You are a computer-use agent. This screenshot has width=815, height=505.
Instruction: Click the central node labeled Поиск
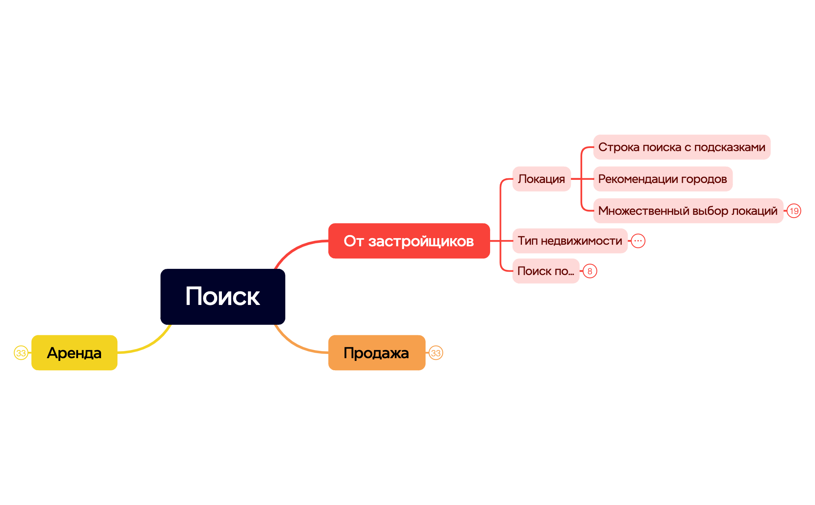223,296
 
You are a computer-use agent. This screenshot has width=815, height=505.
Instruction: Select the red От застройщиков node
409,241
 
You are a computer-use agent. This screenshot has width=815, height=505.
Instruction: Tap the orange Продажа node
376,353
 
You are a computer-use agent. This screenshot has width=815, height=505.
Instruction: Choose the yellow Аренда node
74,353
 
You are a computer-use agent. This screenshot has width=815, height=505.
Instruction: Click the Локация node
541,179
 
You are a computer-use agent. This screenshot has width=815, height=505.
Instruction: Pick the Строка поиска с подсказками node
682,147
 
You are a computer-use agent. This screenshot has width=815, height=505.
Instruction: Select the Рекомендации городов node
663,179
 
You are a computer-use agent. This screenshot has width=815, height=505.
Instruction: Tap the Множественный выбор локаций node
688,211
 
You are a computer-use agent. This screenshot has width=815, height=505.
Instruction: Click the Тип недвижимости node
570,241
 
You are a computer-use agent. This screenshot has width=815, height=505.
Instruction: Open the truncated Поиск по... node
546,271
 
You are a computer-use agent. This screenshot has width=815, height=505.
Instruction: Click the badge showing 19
794,211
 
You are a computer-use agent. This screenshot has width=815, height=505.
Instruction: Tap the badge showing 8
590,271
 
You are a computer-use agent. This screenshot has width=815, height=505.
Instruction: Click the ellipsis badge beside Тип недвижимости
638,241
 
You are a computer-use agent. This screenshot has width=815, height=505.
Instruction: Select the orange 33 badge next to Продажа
436,353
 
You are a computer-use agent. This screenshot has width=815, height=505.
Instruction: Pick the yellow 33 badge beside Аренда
21,353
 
